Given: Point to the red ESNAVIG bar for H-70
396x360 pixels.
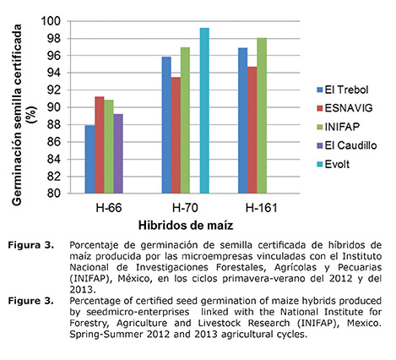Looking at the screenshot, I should pos(175,134).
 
